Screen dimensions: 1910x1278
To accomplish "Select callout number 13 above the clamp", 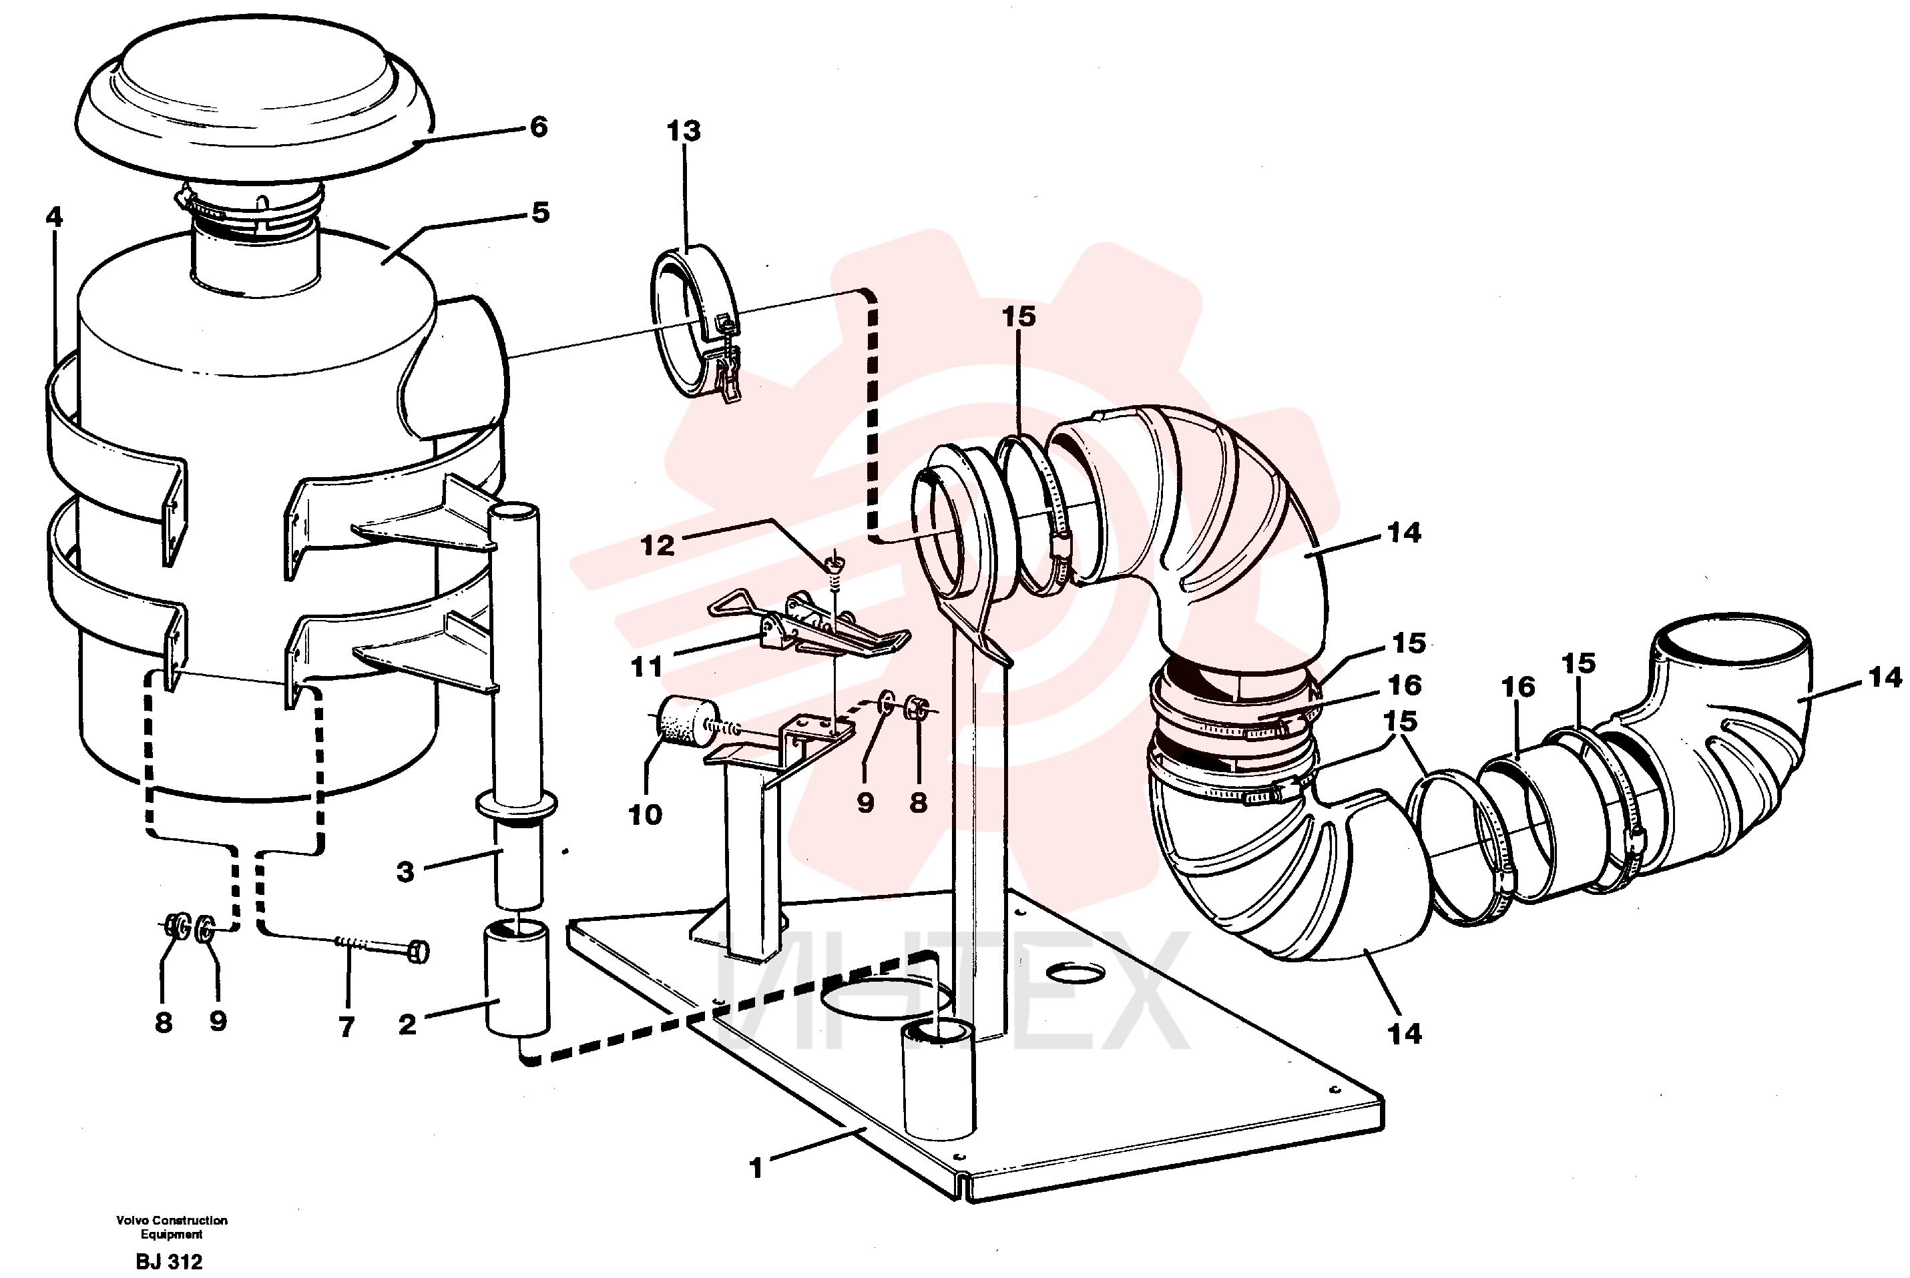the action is [x=683, y=130].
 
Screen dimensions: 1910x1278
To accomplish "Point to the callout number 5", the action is [x=541, y=213].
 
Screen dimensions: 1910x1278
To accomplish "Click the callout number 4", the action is [x=54, y=217].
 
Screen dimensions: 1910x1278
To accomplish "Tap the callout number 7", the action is [x=347, y=1027].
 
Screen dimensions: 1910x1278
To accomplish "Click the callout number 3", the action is [x=405, y=872].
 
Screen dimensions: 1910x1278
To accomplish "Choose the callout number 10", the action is [x=646, y=814].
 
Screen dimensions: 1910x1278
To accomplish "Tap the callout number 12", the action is [x=657, y=545].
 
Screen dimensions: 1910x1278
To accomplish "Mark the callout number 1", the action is [x=755, y=1168].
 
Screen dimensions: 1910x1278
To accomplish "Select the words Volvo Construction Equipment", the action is [x=172, y=1227].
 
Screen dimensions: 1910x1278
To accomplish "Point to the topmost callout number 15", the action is [x=1018, y=316].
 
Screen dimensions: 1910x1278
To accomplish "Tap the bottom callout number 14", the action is [x=1404, y=1034].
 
